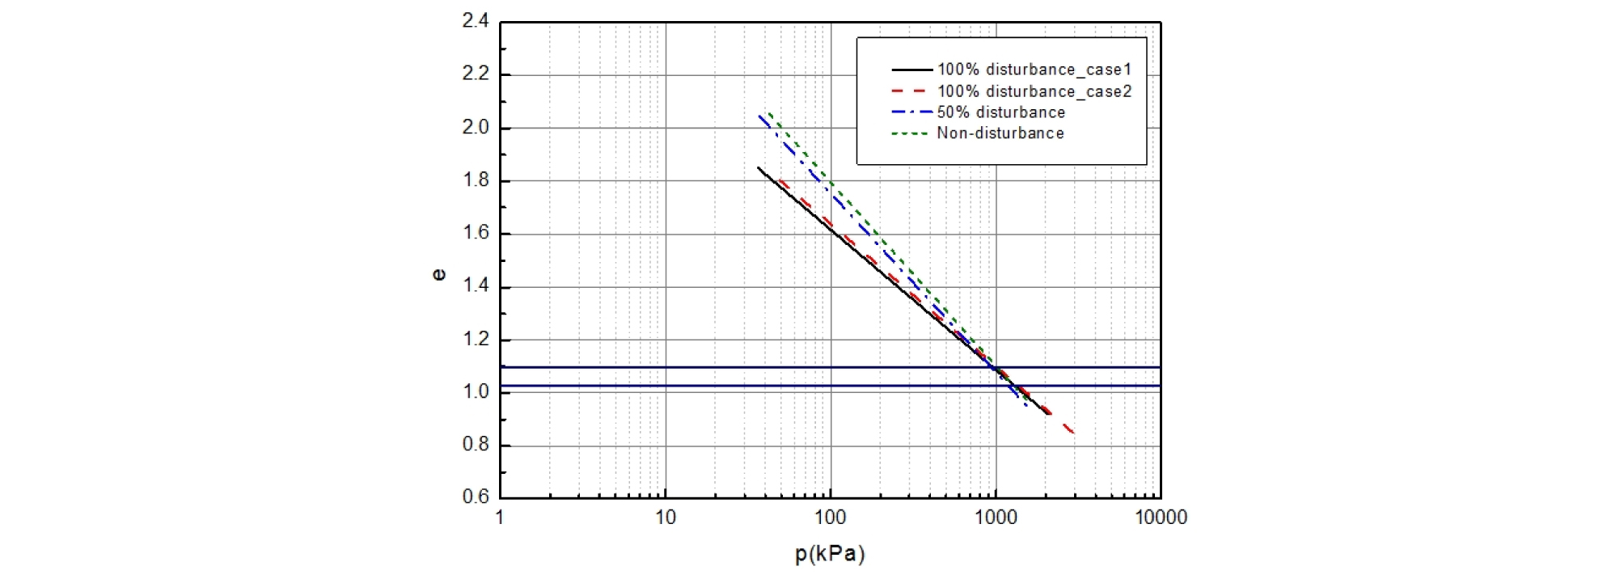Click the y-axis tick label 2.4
476,21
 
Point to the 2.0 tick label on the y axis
476,127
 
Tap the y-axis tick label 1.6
476,233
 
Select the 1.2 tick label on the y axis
476,339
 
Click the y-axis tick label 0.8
476,444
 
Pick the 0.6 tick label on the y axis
476,497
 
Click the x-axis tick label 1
500,518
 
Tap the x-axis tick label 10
665,518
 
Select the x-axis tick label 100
830,518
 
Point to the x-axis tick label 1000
996,518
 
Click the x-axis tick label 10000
1161,518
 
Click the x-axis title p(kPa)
830,554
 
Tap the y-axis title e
439,275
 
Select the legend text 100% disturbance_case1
1034,70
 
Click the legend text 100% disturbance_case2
1034,91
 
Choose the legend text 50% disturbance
1001,112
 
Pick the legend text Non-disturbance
1000,133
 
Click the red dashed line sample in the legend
910,91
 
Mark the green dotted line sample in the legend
910,133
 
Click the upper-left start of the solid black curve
759,168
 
